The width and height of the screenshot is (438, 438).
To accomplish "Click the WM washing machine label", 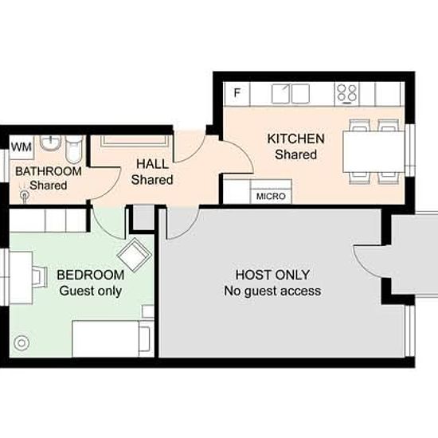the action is (x=22, y=147).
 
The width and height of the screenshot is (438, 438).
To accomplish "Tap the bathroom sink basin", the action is (x=50, y=143).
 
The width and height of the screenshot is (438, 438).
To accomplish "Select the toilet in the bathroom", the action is (x=74, y=150).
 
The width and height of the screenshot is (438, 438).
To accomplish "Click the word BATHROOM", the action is (x=49, y=171).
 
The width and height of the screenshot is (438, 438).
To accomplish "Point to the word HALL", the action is (x=153, y=164).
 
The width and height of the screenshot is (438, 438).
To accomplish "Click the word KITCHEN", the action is (x=295, y=139).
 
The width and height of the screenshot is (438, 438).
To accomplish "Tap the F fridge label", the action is (x=237, y=92).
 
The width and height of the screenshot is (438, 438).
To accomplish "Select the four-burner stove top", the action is (x=346, y=94).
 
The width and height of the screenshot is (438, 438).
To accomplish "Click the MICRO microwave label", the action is (x=271, y=197).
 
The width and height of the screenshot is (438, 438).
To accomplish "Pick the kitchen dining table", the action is (x=373, y=151).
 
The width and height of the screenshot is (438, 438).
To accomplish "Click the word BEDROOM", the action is (x=91, y=275).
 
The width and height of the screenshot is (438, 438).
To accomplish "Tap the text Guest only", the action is (x=91, y=291).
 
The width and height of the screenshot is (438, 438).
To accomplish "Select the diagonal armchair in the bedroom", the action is (x=135, y=255).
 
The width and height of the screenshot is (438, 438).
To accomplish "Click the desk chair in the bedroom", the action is (x=39, y=277).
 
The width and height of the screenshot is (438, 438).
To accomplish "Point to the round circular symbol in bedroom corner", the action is (x=22, y=343).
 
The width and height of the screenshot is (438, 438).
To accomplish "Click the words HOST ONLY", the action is (x=272, y=275).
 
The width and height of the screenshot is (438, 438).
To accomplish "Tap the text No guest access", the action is (x=272, y=291).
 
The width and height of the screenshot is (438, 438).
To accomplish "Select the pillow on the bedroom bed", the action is (x=144, y=338).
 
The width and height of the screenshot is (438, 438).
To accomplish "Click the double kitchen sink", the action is (x=291, y=94).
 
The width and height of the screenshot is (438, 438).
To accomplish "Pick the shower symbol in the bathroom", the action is (x=25, y=194).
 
